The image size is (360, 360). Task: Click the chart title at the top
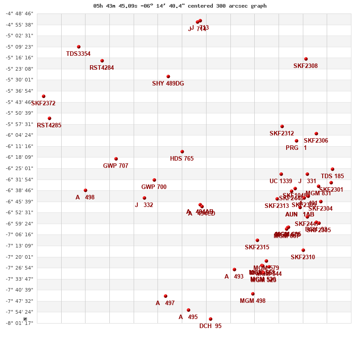pos(180,6)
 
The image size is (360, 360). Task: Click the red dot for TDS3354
pos(79,47)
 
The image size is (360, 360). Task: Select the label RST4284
pos(102,68)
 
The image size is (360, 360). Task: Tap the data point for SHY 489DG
pos(168,76)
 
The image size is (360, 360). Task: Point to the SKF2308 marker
pos(306,59)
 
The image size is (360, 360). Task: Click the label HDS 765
pos(182,159)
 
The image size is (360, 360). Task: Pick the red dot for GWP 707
pos(116,159)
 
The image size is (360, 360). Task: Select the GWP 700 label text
pos(154,187)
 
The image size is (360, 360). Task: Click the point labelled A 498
pos(85,190)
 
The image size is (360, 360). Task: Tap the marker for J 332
pos(144,198)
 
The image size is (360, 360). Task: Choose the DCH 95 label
pos(210,326)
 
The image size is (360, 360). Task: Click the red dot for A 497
pos(166,296)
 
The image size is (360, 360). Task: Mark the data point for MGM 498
pos(253,294)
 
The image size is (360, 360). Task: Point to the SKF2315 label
pos(257,247)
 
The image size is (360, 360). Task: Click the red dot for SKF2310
pos(303,250)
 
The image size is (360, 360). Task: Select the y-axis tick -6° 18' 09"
pos(19,157)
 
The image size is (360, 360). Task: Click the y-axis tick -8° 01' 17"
pos(19,323)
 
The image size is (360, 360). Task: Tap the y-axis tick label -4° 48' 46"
pos(19,13)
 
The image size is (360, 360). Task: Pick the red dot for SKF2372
pos(44,96)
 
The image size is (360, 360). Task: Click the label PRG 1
pos(296,148)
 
